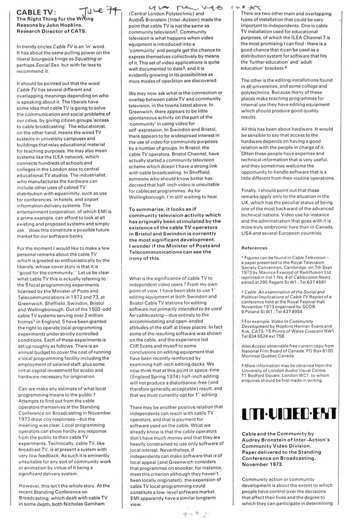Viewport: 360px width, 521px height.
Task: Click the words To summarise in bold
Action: coord(147,209)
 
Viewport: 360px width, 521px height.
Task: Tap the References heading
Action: coord(255,248)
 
